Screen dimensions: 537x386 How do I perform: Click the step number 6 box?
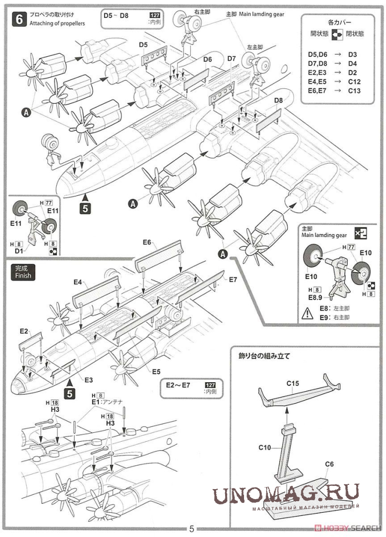click(19, 19)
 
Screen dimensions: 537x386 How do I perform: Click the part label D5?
click(144, 45)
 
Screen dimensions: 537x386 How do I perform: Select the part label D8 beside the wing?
click(279, 101)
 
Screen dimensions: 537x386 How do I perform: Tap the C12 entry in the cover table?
click(354, 81)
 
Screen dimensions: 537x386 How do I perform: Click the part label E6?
click(148, 243)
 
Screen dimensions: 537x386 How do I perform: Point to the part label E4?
click(78, 283)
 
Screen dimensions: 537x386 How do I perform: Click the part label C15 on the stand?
click(292, 384)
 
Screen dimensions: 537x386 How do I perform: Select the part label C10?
click(265, 447)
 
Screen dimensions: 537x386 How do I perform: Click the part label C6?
click(330, 464)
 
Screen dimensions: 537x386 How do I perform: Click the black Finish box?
click(22, 272)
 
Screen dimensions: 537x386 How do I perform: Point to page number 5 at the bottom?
click(192, 529)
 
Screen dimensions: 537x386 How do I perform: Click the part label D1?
click(19, 251)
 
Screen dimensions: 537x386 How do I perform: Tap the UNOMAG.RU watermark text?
click(287, 493)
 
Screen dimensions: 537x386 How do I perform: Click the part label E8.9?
click(311, 297)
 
